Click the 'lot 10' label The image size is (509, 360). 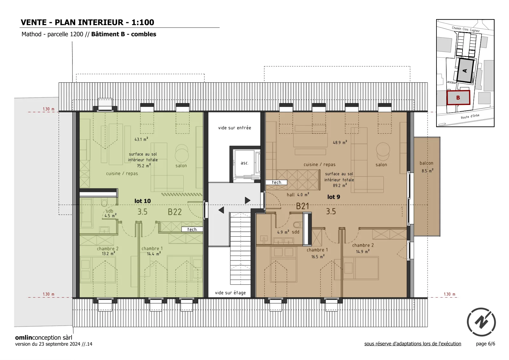(x=143, y=201)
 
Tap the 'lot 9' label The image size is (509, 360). (x=334, y=197)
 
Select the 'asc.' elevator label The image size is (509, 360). (x=245, y=163)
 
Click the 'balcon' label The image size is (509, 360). (x=426, y=163)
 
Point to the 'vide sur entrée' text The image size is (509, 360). (x=234, y=128)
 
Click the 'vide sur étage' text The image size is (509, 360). (x=230, y=293)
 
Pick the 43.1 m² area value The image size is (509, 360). (x=141, y=139)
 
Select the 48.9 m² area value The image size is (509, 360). (x=340, y=142)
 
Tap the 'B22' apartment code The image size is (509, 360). (x=175, y=212)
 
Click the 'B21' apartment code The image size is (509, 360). (x=303, y=206)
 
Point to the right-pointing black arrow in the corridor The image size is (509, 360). (x=248, y=200)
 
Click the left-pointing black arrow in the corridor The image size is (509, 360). (x=221, y=210)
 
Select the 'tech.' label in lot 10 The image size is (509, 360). (x=192, y=229)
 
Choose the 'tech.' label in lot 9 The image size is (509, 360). (x=277, y=182)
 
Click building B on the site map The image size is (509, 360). (x=458, y=98)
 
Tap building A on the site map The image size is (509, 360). (x=465, y=71)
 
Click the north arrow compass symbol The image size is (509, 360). (x=481, y=322)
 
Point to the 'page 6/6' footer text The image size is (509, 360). (x=485, y=344)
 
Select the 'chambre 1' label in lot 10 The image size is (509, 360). (x=152, y=248)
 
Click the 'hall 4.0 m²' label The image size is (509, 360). (x=298, y=195)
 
